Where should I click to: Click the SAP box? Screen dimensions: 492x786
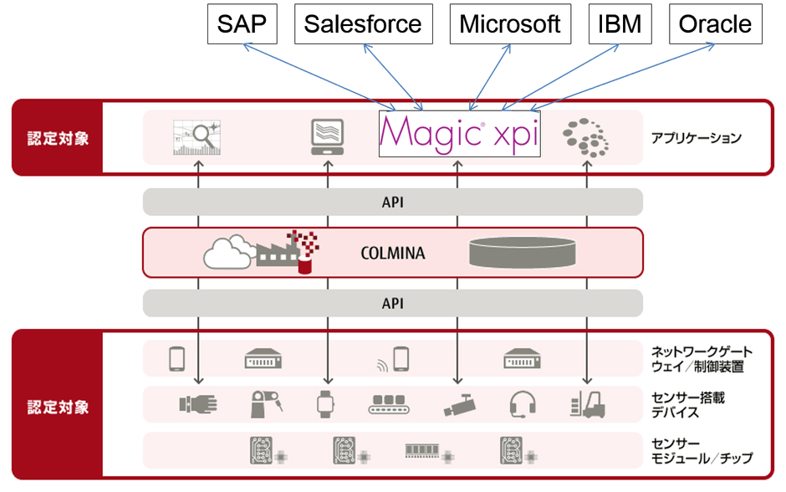coord(242,23)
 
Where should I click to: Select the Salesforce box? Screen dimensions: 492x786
coord(362,23)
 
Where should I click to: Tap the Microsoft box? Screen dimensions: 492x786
coord(510,23)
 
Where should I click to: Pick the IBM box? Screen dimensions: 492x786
coord(620,23)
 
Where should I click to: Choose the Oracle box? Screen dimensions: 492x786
coord(716,23)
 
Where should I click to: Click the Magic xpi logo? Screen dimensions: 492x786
coord(460,135)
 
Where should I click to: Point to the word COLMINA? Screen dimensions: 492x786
coord(391,253)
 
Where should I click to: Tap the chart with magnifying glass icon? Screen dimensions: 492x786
coord(196,137)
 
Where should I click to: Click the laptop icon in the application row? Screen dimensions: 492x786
coord(328,136)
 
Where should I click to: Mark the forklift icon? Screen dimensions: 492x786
coord(587,404)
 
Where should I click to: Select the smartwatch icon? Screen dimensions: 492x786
coord(325,404)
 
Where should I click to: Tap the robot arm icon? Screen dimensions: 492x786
coord(263,403)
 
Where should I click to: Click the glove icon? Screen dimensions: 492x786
coord(197,404)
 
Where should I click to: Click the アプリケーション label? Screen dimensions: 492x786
coord(696,138)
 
